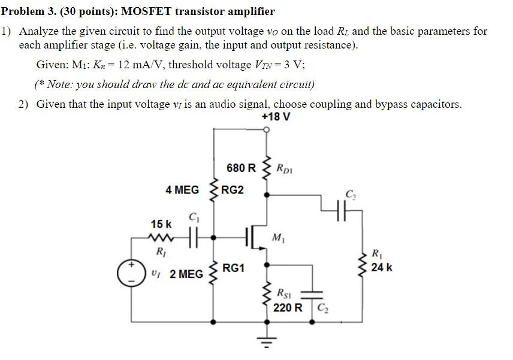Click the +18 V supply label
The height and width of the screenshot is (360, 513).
[x=276, y=117]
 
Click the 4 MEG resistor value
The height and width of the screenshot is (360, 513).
[x=182, y=190]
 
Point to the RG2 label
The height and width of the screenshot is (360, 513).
[x=233, y=190]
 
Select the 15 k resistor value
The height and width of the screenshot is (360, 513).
[x=161, y=224]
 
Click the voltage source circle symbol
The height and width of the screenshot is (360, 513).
[x=128, y=273]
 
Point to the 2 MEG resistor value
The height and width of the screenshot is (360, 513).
[x=186, y=274]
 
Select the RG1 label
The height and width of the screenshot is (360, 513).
[x=233, y=268]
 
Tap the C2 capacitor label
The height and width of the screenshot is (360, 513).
[x=322, y=308]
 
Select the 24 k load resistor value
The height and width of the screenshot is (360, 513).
[x=382, y=267]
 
